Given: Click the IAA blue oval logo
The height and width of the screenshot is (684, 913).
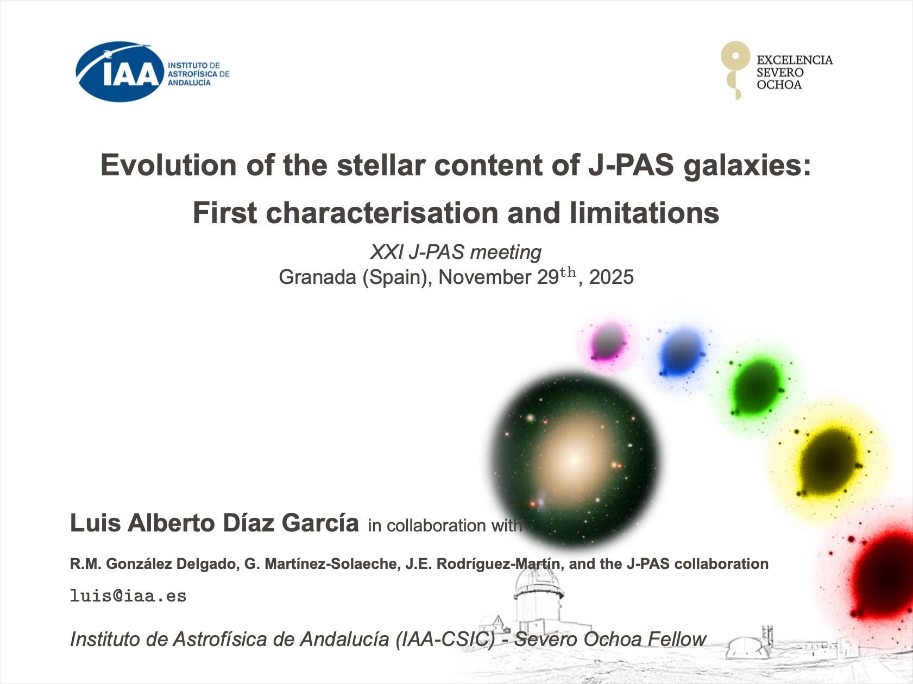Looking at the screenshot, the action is pos(120,72).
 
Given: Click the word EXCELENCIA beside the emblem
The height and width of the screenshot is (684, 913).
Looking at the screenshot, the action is pos(795,60).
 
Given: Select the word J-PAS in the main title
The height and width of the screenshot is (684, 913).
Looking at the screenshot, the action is pos(631,165).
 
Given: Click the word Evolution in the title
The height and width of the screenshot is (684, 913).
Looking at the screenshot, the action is pos(168,165).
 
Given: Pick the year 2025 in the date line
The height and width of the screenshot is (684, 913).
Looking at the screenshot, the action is pos(612,277).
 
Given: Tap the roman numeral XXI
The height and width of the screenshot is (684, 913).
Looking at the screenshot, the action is pos(387,252).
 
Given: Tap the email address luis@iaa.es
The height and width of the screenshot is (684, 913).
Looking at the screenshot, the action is pos(128,596).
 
